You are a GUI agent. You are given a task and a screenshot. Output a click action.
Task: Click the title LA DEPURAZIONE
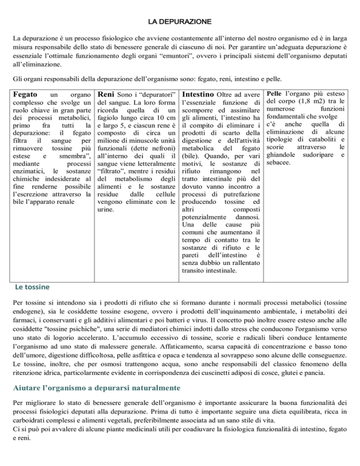(x=180, y=22)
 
